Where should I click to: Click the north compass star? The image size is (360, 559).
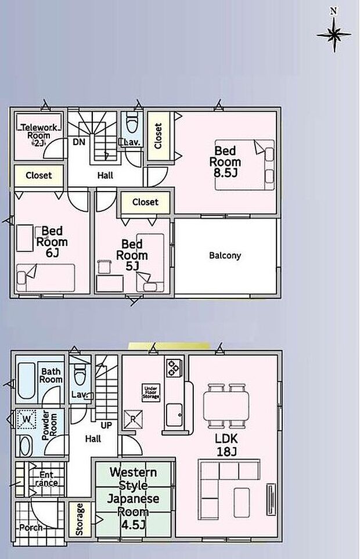[x=334, y=34]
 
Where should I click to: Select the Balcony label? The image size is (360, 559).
[x=225, y=255]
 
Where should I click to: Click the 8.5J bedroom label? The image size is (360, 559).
[x=225, y=161]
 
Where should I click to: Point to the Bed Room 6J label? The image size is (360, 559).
[x=52, y=241]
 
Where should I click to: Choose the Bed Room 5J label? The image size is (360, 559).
[x=132, y=255]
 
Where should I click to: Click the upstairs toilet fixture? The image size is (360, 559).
[x=132, y=122]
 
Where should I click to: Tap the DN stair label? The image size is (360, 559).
[x=79, y=142]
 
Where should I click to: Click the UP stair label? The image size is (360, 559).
[x=106, y=425]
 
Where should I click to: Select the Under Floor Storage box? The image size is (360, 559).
[x=151, y=392]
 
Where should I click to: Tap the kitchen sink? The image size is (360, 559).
[x=174, y=415]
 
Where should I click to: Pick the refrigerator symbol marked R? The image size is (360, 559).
[x=133, y=420]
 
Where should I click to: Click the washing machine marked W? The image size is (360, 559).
[x=27, y=419]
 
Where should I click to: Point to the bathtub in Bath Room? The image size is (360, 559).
[x=26, y=381]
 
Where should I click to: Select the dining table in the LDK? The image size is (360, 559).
[x=226, y=406]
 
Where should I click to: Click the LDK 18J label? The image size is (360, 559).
[x=226, y=445]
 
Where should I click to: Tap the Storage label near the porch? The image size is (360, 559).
[x=80, y=519]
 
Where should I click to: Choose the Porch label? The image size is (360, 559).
[x=31, y=528]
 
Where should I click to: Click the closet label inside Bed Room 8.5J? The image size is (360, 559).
[x=159, y=136]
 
